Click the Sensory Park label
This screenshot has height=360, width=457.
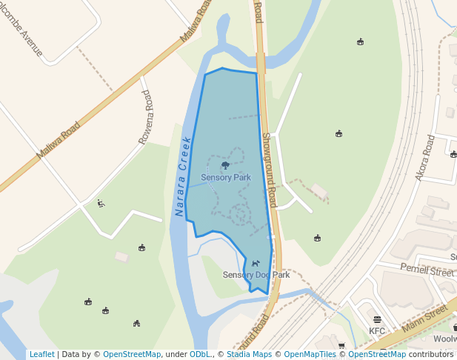pos(226,178)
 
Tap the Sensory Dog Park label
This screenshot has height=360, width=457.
pos(256,275)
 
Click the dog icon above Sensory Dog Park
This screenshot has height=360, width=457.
pos(255,263)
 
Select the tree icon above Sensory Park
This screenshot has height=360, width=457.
pos(225,166)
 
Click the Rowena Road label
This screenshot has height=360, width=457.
pos(145,117)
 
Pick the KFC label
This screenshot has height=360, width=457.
pos(377,330)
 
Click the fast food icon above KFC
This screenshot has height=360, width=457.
pos(377,320)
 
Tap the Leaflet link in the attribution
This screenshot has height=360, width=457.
pos(41,354)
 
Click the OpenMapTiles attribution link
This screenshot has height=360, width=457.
pos(307,354)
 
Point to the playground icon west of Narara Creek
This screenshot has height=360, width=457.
pos(101,203)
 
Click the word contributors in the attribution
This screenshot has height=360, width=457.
pos(430,354)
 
